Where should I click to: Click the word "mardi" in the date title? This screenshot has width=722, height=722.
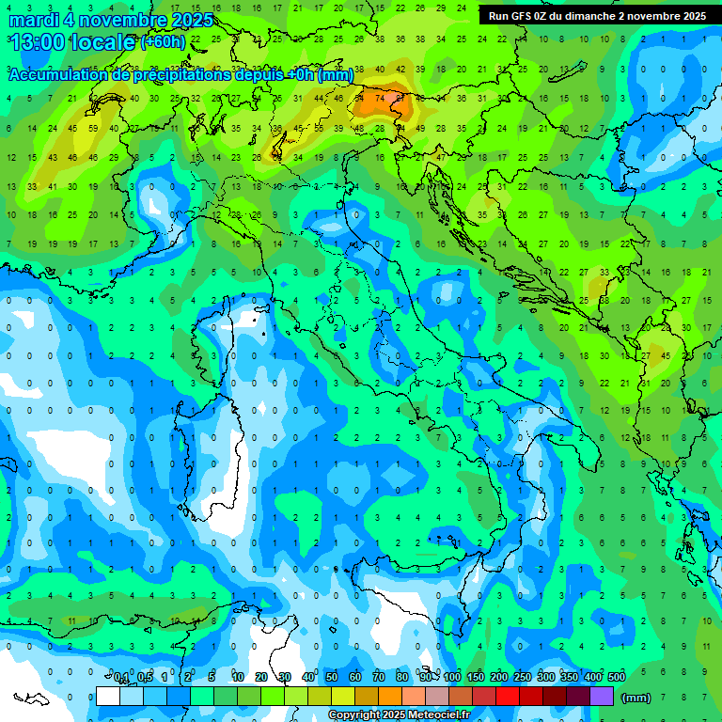point(33,20)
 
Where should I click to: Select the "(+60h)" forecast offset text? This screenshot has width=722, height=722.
point(163,42)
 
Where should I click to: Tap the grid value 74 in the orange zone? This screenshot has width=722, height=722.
point(380,98)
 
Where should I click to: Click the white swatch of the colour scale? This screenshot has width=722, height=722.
point(108,697)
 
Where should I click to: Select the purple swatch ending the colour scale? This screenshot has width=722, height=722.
point(602,697)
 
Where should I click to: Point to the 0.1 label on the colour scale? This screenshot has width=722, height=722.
point(121,678)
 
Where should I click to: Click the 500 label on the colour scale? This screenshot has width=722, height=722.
point(617,678)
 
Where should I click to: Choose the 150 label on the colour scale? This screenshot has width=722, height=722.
point(475,678)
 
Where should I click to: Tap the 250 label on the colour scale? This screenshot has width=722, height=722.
point(522,678)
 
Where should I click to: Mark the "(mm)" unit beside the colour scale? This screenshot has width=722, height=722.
point(636,698)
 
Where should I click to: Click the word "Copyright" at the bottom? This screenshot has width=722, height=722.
point(355,715)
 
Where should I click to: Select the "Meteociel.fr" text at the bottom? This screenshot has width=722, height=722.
point(440,715)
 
